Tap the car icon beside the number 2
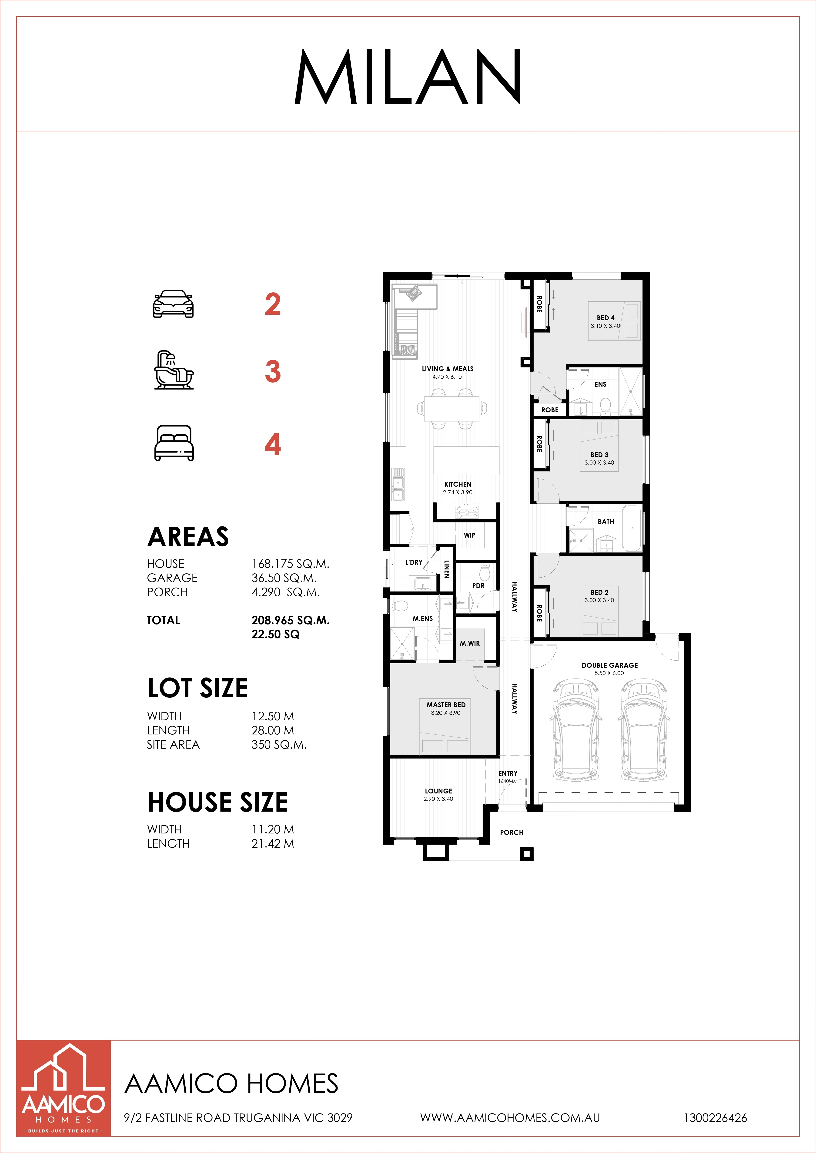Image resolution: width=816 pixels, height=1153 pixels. pos(173,304)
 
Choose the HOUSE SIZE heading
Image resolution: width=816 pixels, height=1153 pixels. pos(217,802)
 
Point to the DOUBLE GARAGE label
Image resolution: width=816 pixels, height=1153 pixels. pos(609,665)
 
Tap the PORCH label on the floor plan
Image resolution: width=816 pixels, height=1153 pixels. pos(512,832)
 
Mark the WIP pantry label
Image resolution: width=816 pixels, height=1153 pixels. pos(469,535)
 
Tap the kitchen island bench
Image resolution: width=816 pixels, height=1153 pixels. pos(466,460)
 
